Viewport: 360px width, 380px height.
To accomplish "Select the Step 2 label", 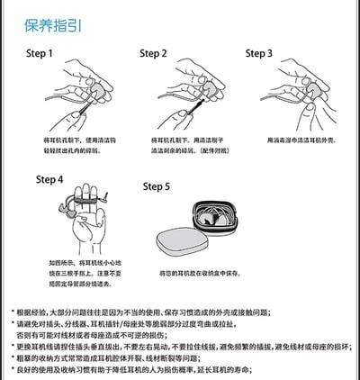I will (x=154, y=53).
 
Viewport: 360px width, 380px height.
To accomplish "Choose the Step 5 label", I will (x=157, y=186).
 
